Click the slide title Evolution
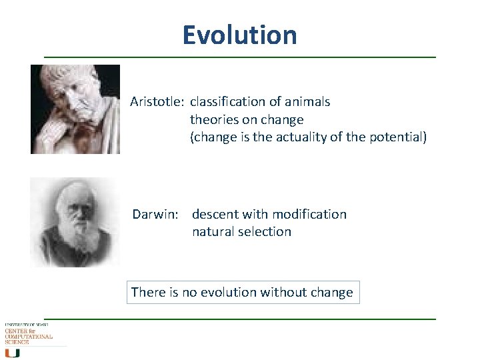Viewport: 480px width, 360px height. point(239,35)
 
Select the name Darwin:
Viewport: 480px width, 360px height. point(155,214)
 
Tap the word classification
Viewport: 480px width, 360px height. point(228,102)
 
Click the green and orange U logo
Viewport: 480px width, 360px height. point(11,352)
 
